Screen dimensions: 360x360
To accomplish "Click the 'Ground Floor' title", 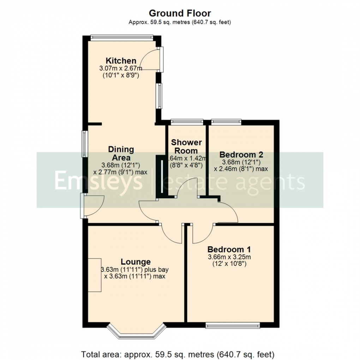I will pyautogui.click(x=180, y=13).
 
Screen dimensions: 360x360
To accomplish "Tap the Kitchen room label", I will pyautogui.click(x=121, y=61).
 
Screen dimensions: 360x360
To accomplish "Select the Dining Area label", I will pyautogui.click(x=121, y=153).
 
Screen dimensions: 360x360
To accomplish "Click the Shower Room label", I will pyautogui.click(x=186, y=146).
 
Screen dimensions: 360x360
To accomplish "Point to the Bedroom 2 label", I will pyautogui.click(x=241, y=155).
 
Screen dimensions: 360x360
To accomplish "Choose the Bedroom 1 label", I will pyautogui.click(x=231, y=249).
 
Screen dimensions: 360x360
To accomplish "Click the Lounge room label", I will pyautogui.click(x=136, y=262).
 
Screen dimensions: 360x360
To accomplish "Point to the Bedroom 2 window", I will pyautogui.click(x=227, y=122).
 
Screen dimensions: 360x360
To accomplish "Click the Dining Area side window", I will pyautogui.click(x=85, y=144).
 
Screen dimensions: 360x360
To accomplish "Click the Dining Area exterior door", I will pyautogui.click(x=83, y=205).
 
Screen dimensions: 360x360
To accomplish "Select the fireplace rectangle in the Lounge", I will pyautogui.click(x=94, y=275).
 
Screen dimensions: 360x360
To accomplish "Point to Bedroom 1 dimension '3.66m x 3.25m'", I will pyautogui.click(x=232, y=257).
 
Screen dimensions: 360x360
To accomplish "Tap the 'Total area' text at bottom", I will pyautogui.click(x=178, y=354).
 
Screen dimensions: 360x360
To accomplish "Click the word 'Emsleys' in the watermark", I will pyautogui.click(x=98, y=181).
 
